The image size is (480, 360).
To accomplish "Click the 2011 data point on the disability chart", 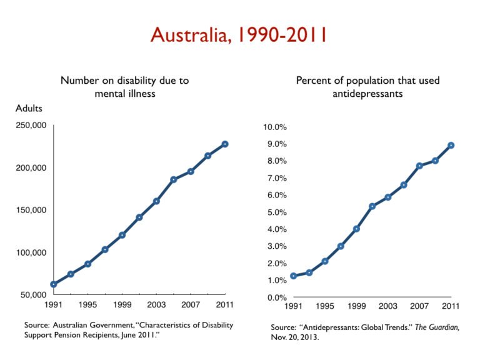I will (224, 144).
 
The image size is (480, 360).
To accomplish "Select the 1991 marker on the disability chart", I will (54, 284).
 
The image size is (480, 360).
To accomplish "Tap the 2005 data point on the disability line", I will (173, 179).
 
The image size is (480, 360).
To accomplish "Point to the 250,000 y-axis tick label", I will (31, 126).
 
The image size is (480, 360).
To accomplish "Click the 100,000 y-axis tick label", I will (31, 252).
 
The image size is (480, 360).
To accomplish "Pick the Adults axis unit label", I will (29, 108).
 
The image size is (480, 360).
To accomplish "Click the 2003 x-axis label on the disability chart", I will (156, 305).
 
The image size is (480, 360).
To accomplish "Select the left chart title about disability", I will (124, 86).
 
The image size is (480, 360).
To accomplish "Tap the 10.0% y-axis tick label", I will (274, 127).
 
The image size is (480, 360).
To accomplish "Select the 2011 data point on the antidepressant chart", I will (451, 145).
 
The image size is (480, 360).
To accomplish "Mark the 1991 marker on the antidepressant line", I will (293, 276).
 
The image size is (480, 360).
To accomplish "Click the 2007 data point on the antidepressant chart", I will (419, 166).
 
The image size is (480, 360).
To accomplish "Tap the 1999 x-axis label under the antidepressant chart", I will (356, 307).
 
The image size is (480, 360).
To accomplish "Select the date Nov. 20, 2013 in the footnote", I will (296, 337).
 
